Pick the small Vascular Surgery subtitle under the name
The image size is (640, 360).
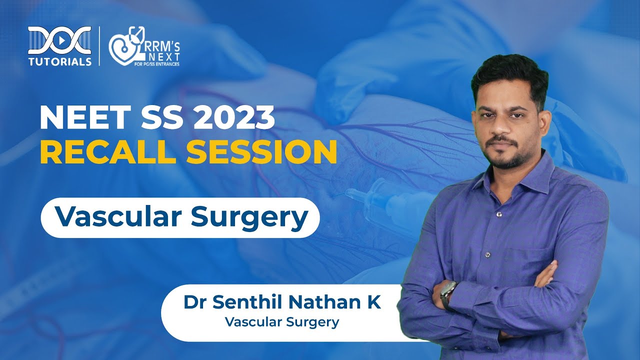[282, 322]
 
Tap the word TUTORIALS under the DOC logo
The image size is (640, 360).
[59, 62]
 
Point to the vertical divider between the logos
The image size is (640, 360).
[99, 46]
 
